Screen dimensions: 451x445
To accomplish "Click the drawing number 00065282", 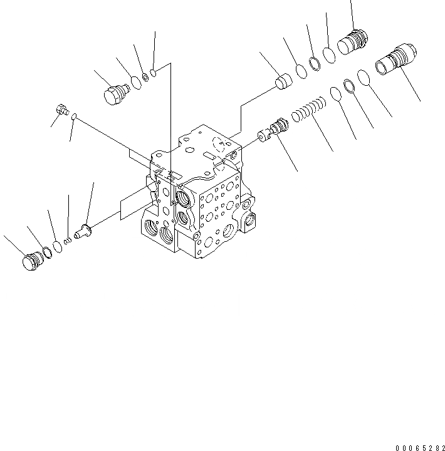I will click(420, 448).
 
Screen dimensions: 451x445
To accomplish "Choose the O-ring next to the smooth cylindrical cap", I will click(301, 72).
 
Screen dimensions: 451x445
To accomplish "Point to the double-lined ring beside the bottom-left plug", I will click(46, 252).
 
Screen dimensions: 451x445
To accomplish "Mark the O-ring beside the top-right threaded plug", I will click(330, 54).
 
